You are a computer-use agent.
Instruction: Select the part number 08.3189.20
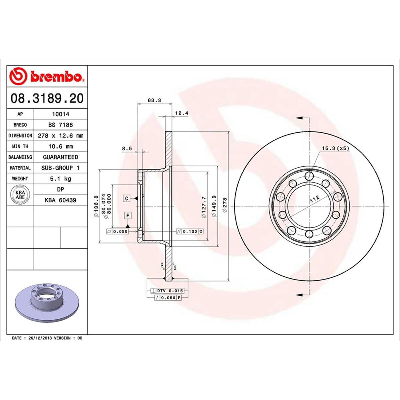[x=47, y=98]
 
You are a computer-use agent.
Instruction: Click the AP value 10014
[x=60, y=114]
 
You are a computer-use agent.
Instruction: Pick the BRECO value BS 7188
[x=60, y=125]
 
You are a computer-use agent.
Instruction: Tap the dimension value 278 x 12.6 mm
[x=60, y=136]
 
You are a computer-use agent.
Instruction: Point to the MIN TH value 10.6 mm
[x=60, y=146]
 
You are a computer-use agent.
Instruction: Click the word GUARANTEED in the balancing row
[x=60, y=157]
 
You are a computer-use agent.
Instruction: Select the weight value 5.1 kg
[x=60, y=179]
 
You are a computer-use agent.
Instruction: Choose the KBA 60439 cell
[x=60, y=200]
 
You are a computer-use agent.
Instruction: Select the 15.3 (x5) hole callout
[x=335, y=148]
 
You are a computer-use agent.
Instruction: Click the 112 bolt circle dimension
[x=314, y=199]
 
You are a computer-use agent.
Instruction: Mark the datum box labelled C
[x=127, y=199]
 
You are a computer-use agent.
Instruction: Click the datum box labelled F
[x=127, y=215]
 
